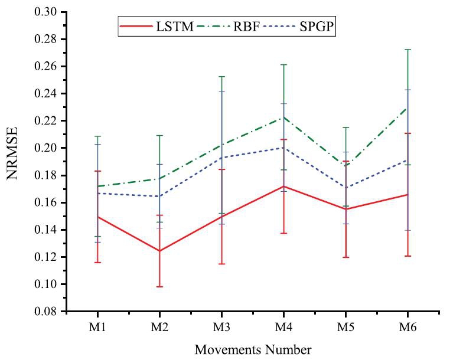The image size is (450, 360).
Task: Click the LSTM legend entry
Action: (157, 27)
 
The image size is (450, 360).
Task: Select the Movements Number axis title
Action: (252, 349)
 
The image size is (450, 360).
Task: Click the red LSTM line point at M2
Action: (159, 251)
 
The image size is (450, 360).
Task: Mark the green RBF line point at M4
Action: (283, 117)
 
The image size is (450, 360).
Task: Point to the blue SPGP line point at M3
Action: (221, 158)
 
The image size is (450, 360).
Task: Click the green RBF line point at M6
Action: (407, 107)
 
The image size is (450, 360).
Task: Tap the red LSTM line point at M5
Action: (345, 209)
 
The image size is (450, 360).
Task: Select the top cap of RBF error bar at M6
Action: (407, 50)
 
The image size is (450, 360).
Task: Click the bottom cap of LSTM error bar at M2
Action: (159, 287)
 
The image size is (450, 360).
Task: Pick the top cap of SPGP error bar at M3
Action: (221, 91)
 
